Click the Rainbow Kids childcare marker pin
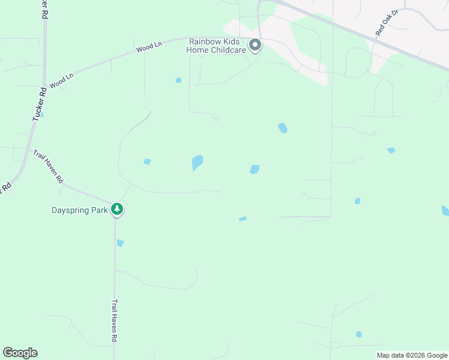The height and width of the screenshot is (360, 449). [255, 46]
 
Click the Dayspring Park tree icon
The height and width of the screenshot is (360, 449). [117, 209]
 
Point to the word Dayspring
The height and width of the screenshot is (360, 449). [71, 210]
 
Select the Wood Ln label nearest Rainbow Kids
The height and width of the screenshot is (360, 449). [149, 47]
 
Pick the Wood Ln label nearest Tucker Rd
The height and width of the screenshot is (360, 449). [61, 81]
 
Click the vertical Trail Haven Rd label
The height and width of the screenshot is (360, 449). [114, 321]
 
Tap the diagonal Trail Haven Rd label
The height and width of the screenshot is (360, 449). [49, 166]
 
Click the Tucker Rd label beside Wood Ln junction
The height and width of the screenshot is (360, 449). [39, 105]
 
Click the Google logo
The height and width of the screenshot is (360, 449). [20, 353]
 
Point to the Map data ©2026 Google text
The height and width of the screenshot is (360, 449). [412, 355]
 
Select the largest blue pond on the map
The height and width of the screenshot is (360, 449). [197, 162]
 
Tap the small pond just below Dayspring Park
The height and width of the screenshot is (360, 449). [120, 243]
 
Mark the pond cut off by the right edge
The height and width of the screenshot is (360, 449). [445, 211]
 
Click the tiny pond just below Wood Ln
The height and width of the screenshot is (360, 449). [178, 80]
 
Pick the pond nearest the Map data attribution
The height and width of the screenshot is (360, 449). [359, 334]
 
